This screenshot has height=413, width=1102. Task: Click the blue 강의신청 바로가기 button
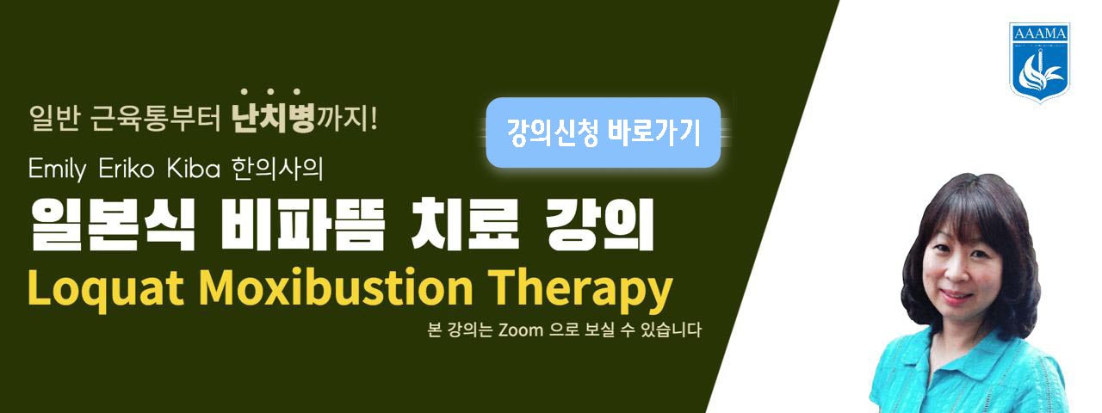point(604,133)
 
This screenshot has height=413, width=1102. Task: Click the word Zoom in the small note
point(521,330)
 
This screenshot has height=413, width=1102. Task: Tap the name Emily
point(57,170)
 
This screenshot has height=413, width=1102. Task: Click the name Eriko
point(127,169)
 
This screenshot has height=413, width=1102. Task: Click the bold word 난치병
point(273,119)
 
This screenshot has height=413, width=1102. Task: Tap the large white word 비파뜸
point(301,225)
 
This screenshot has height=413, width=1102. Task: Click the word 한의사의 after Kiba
point(277,169)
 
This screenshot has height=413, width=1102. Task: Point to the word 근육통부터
point(156,119)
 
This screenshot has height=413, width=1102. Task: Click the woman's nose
point(953,275)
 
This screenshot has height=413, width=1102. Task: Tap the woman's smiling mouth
point(956,297)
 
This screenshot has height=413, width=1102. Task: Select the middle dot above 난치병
point(270,91)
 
